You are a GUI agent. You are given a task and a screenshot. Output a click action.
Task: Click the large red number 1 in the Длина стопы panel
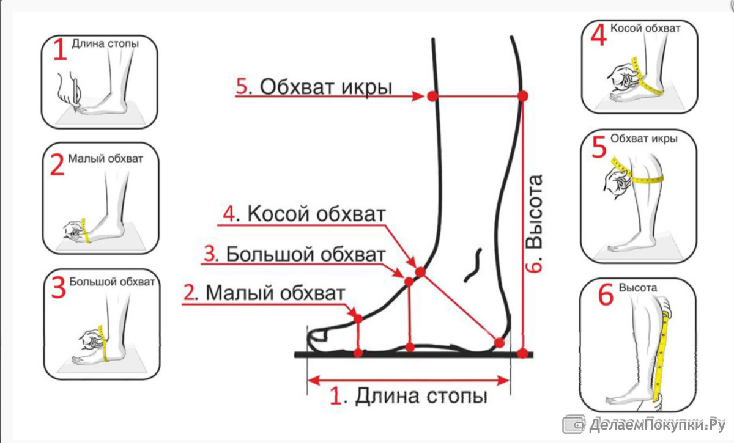[60, 49]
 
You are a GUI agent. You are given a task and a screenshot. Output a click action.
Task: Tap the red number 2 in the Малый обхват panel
[57, 164]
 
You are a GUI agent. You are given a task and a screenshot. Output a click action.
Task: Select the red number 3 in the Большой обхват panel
[59, 287]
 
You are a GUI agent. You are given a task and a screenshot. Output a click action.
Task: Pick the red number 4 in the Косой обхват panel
[599, 35]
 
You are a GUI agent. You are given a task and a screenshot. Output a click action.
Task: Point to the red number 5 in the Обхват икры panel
[599, 147]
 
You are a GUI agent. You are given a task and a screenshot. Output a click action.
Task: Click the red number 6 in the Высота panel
[606, 295]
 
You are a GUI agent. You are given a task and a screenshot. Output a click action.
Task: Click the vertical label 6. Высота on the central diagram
[535, 224]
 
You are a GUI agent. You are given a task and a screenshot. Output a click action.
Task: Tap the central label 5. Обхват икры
[314, 87]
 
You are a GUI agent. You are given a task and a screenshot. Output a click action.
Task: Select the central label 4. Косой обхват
[304, 214]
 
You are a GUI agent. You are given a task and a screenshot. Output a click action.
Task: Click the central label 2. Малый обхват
[264, 293]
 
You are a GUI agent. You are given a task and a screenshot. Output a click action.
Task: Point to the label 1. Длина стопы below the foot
[409, 395]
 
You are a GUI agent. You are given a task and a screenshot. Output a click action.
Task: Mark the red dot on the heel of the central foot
[499, 343]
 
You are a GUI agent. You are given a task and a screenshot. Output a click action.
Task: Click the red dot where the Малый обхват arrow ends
[358, 318]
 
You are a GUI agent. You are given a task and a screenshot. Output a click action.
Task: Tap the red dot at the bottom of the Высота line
[522, 354]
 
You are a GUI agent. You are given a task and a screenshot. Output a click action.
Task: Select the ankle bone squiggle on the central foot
[473, 266]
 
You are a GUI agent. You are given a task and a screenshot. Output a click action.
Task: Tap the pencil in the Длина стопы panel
[77, 95]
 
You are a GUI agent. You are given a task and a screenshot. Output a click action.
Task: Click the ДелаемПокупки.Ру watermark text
[657, 425]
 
